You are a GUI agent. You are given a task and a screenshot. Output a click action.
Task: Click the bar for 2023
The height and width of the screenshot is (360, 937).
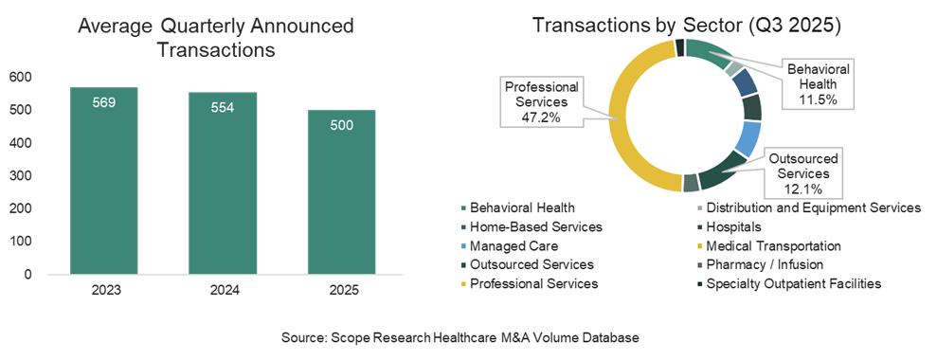104,181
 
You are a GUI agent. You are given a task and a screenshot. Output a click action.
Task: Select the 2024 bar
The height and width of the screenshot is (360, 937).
223,184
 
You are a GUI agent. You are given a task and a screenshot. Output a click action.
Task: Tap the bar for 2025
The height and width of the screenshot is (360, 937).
342,192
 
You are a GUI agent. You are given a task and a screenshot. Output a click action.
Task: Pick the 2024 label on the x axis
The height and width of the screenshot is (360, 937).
223,291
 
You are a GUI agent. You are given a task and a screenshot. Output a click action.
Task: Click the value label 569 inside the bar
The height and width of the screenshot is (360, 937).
104,103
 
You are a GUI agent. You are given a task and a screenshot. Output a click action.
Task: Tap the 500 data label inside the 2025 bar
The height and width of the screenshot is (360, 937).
342,126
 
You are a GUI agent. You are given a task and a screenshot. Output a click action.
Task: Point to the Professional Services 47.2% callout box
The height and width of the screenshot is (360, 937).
541,101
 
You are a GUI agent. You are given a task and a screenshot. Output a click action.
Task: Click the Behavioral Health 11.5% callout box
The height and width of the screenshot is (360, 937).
818,83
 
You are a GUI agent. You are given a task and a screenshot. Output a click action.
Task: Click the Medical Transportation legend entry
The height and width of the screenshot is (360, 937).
768,246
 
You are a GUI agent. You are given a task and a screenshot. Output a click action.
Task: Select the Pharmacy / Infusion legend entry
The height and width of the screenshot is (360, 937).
759,265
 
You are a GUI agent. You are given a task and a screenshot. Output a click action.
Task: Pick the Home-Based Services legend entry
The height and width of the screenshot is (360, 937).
532,227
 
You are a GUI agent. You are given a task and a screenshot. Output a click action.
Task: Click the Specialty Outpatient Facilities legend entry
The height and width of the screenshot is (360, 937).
788,284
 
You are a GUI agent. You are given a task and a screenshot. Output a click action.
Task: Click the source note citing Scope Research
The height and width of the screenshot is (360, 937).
460,338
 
